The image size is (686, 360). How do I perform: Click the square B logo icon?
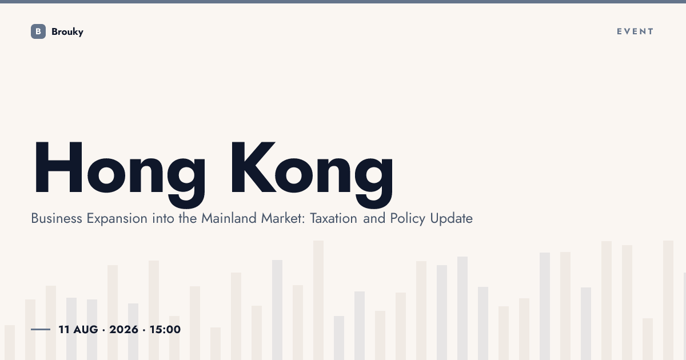38,31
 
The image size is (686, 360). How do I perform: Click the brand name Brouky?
67,32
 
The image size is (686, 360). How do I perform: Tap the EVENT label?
635,31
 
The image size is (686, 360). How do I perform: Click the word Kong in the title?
312,174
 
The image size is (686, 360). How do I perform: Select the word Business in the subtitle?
57,218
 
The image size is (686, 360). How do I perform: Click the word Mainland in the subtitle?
229,218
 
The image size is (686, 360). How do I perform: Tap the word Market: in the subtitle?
283,218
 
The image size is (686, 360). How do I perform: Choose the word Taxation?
333,218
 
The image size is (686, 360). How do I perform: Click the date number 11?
63,329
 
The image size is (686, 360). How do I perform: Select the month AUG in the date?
86,329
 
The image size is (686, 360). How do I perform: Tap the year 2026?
123,329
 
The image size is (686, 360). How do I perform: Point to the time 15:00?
165,329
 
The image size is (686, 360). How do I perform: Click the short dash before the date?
41,329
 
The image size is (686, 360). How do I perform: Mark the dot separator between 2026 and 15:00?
144,330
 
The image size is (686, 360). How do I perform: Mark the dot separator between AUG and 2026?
104,330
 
